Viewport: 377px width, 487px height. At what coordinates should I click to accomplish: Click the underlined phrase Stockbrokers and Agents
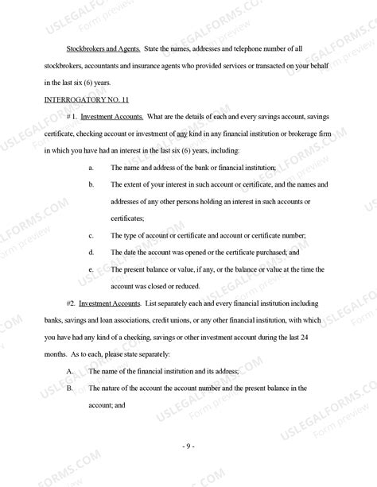[98, 49]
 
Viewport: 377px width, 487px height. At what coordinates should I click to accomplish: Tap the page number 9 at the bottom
[188, 447]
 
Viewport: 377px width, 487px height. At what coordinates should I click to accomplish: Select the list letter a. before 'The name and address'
[91, 168]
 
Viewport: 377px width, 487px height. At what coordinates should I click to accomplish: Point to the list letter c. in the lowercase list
[91, 235]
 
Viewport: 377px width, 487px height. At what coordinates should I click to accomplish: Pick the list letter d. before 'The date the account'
[91, 252]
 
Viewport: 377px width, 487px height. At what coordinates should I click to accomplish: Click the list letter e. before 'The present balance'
[91, 269]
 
